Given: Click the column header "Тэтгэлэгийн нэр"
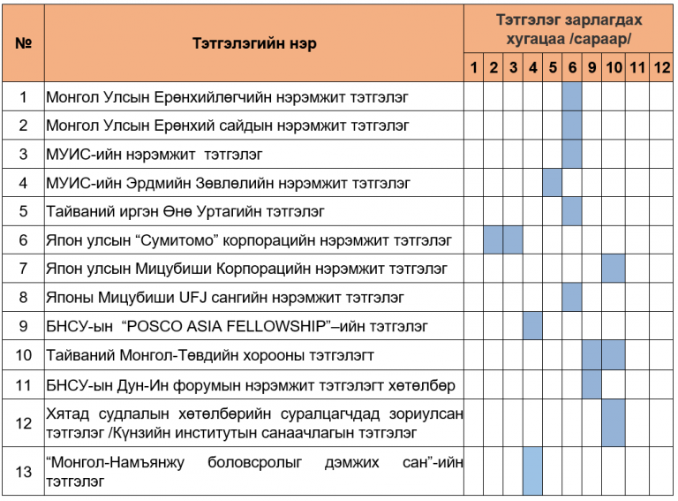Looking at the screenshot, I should pyautogui.click(x=253, y=43).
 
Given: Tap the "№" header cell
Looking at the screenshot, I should pyautogui.click(x=24, y=43).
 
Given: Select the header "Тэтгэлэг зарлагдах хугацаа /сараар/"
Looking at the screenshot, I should pyautogui.click(x=569, y=29).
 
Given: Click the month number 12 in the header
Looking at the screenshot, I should pyautogui.click(x=661, y=68).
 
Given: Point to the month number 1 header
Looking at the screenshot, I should pyautogui.click(x=474, y=68).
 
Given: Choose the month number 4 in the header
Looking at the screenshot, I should pyautogui.click(x=532, y=68).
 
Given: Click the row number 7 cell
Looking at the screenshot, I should pyautogui.click(x=24, y=268).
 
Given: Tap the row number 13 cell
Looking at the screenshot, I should pyautogui.click(x=24, y=471).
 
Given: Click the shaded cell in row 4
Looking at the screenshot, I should pyautogui.click(x=553, y=183).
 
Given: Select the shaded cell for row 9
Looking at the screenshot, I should pyautogui.click(x=532, y=326).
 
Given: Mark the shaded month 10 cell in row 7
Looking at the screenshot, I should pyautogui.click(x=614, y=268).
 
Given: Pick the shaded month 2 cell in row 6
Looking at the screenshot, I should pyautogui.click(x=493, y=239).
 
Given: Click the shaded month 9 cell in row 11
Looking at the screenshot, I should pyautogui.click(x=591, y=384).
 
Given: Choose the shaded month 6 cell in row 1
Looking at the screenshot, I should pyautogui.click(x=571, y=96).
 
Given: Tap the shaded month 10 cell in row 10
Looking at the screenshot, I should pyautogui.click(x=614, y=355).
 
